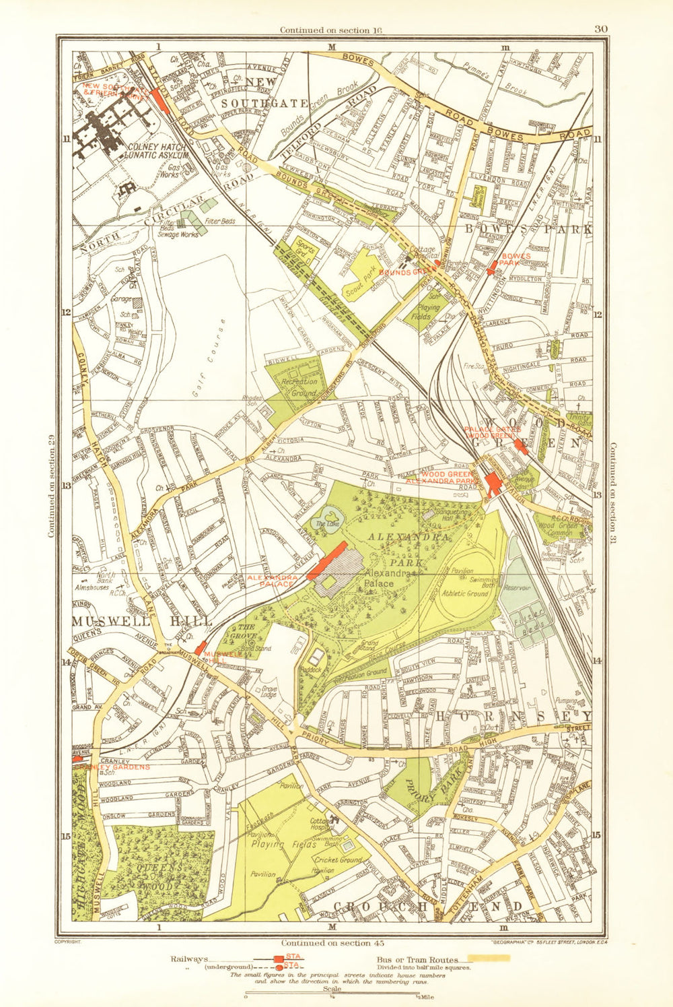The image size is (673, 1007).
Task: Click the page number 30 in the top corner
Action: pos(601,28)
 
